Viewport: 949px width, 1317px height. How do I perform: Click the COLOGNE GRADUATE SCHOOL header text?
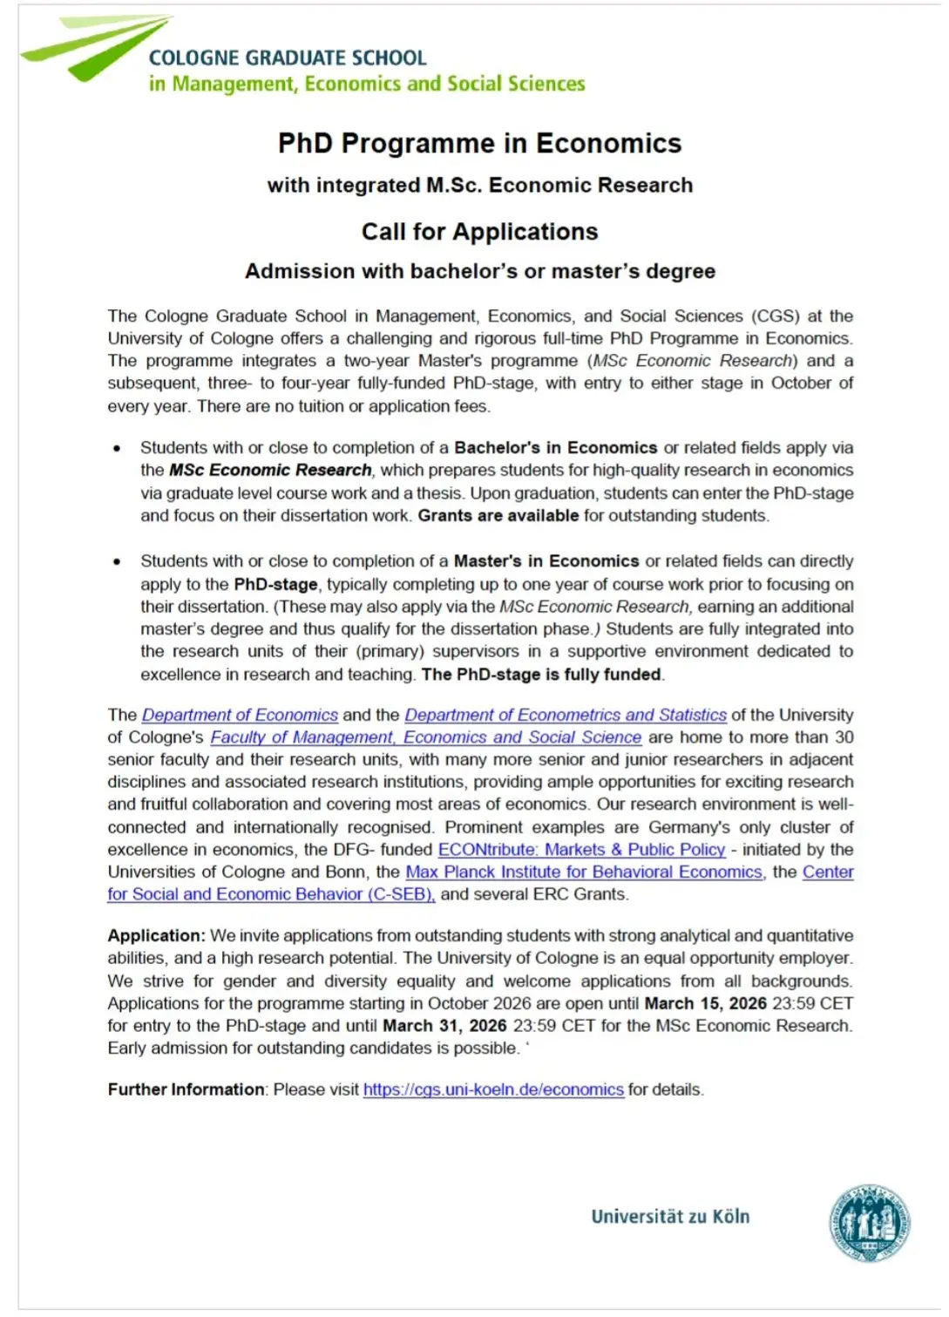288,58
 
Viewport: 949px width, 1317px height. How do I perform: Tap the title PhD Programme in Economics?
479,143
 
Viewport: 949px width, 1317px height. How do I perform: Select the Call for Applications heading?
479,232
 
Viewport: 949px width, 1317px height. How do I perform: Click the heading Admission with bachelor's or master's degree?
479,271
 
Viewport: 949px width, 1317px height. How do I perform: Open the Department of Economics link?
240,715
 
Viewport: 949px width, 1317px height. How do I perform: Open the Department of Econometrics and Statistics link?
565,715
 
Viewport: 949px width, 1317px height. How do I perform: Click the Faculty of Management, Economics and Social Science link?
425,737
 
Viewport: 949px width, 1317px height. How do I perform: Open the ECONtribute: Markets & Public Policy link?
581,849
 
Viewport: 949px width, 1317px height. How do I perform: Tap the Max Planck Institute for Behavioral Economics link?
583,872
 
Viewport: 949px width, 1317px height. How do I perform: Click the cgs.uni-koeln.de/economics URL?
493,1090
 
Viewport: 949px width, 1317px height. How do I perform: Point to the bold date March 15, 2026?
705,1003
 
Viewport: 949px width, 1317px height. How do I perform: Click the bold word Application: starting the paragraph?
156,935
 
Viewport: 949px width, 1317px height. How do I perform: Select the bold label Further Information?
186,1090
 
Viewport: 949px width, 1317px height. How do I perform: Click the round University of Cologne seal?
869,1223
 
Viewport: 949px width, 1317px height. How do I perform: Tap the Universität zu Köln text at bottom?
669,1217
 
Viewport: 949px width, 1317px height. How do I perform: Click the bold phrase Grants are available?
498,515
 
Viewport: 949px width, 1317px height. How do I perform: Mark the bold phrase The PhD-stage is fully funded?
541,675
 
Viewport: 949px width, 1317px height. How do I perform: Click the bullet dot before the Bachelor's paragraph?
117,449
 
